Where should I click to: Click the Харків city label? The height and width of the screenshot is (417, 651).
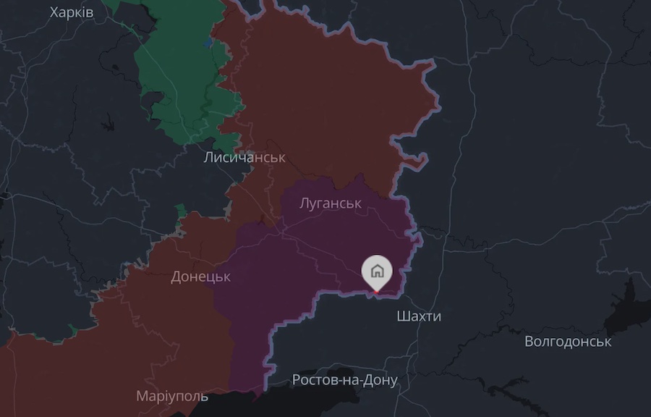[x=72, y=12]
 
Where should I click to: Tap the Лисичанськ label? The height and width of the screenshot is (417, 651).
[x=244, y=157]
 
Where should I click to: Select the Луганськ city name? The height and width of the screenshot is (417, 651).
[x=330, y=203]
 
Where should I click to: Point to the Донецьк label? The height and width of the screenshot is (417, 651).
[x=200, y=277]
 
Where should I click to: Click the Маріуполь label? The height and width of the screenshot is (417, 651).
[x=172, y=396]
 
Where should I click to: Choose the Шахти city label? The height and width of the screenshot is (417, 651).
[x=419, y=316]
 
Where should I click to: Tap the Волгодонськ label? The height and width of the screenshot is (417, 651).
[x=568, y=341]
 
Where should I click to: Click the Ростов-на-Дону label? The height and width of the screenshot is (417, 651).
[x=344, y=380]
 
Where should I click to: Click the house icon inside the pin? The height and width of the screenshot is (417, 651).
[x=377, y=271]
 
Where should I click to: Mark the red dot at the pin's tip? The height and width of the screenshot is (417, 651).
[x=376, y=292]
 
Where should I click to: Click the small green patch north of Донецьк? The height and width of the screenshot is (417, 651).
[x=180, y=212]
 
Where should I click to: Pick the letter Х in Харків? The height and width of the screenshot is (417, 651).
[x=54, y=12]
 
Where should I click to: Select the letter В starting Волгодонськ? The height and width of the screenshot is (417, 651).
[x=529, y=341]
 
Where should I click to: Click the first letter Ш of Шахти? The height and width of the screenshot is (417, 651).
[x=402, y=316]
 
